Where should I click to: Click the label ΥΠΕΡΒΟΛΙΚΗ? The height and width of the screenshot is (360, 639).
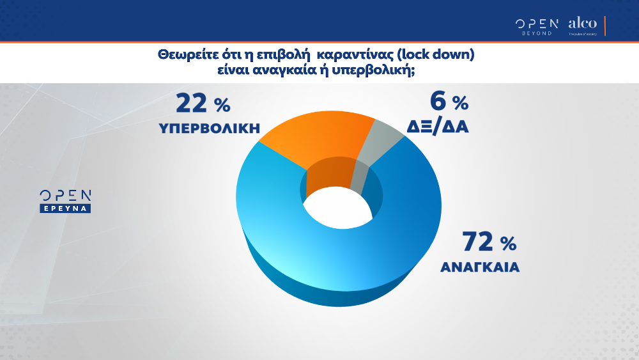[209, 128]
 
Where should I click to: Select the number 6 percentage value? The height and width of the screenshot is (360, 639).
[438, 102]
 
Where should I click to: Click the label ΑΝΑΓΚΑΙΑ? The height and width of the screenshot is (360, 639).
[479, 267]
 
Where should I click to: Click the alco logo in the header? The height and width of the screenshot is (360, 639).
[582, 23]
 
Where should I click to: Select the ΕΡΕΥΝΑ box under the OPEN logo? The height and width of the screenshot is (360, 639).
[66, 208]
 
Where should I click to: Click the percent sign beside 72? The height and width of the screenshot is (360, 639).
[509, 244]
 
